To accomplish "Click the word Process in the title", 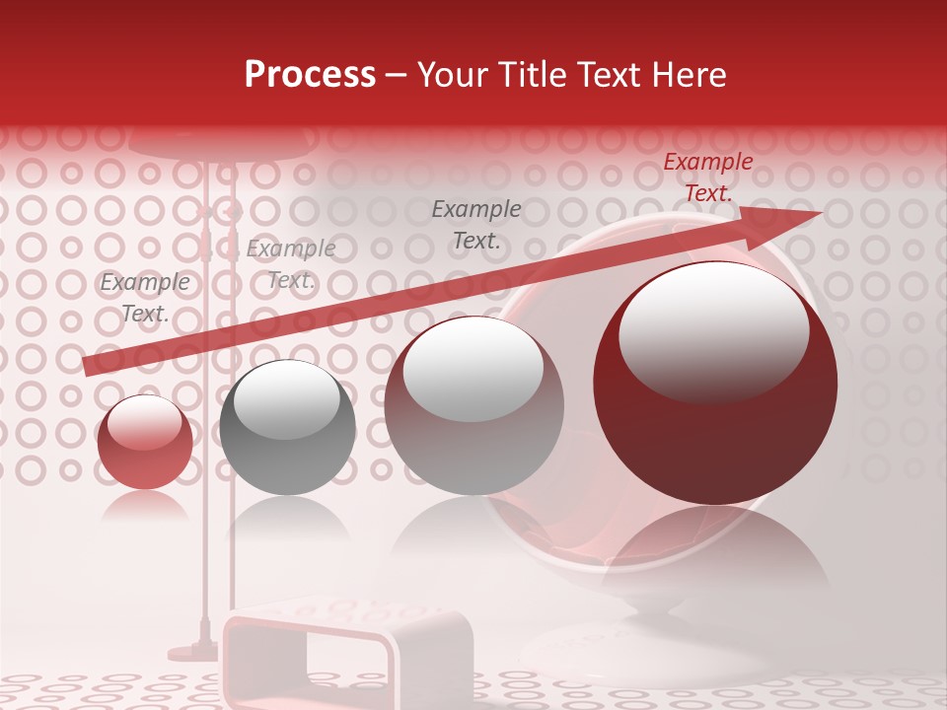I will pos(310,75).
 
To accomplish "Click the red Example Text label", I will pos(708,177).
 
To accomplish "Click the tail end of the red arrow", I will pos(89,366).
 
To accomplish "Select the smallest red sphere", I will pos(145,442).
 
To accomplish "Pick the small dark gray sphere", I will pos(287,427).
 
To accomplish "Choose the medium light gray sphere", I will pos(473,405).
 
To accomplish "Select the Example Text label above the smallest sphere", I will pos(145,298).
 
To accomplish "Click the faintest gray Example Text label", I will pos(291,264).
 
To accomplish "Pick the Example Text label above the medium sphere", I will pos(476,224).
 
